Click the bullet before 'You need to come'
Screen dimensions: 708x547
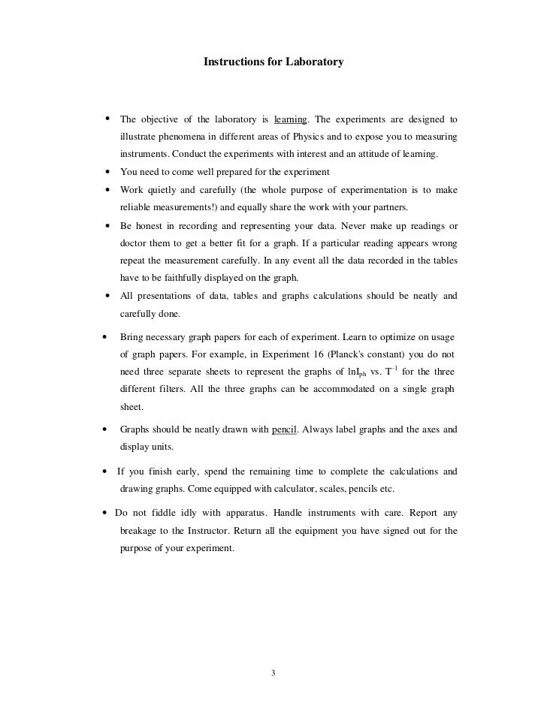point(110,172)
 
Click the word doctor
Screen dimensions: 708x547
point(134,244)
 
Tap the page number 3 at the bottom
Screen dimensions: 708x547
point(273,672)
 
